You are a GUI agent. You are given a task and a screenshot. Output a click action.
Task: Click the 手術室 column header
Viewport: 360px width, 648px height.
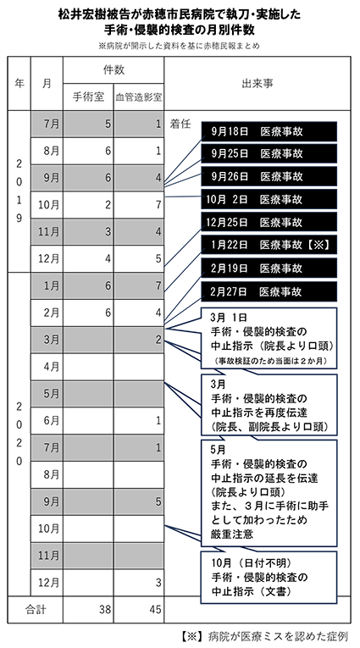88,97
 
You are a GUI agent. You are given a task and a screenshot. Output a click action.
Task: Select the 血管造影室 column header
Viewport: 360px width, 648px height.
138,97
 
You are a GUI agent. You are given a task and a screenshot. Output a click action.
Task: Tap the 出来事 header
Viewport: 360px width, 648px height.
258,84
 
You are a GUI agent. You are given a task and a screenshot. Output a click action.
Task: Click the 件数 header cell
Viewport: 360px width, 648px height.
114,70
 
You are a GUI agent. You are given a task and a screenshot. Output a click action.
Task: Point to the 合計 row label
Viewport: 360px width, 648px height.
35,609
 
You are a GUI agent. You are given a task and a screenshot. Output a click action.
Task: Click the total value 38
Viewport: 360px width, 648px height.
105,609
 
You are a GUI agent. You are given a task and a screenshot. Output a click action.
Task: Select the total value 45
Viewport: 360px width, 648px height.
155,609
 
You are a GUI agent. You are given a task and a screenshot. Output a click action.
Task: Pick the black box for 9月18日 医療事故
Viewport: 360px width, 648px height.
269,131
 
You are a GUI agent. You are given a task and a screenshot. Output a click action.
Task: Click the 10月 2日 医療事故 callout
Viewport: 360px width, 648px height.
269,199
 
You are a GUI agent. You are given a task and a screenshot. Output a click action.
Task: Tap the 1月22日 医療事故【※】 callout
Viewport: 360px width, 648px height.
269,245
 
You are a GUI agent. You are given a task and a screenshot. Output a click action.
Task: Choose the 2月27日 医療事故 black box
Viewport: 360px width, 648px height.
269,291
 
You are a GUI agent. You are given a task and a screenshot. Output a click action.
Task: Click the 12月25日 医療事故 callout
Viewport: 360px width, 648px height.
269,222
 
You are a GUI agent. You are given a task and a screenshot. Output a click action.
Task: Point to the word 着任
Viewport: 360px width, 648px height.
180,124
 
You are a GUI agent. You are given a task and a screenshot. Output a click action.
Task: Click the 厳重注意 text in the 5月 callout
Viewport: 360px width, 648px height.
232,534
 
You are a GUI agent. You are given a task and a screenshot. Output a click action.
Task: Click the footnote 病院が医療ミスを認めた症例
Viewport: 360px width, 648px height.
276,635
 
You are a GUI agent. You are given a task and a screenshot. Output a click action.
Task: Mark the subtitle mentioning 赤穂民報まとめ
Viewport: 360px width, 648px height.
180,47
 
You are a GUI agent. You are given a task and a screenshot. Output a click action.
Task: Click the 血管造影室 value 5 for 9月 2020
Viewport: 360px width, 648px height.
158,501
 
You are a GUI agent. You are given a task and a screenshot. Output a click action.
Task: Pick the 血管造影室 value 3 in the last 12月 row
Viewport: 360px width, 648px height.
158,582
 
